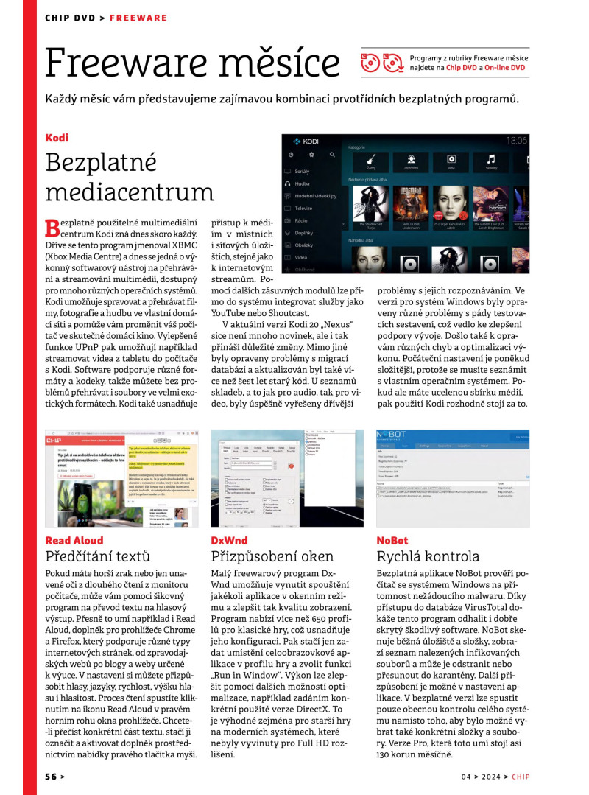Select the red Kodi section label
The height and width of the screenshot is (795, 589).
pos(57,138)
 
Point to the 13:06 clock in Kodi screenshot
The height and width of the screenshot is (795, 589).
pos(516,140)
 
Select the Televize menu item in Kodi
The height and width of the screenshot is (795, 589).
pos(304,208)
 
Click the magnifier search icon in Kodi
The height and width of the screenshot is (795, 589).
pos(333,155)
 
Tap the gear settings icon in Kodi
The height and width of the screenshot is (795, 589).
pos(311,155)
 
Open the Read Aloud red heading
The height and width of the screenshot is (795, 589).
pos(74,540)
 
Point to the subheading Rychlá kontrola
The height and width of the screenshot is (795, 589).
pos(428,556)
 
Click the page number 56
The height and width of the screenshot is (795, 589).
pos(51,776)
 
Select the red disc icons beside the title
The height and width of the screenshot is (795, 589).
pos(380,63)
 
